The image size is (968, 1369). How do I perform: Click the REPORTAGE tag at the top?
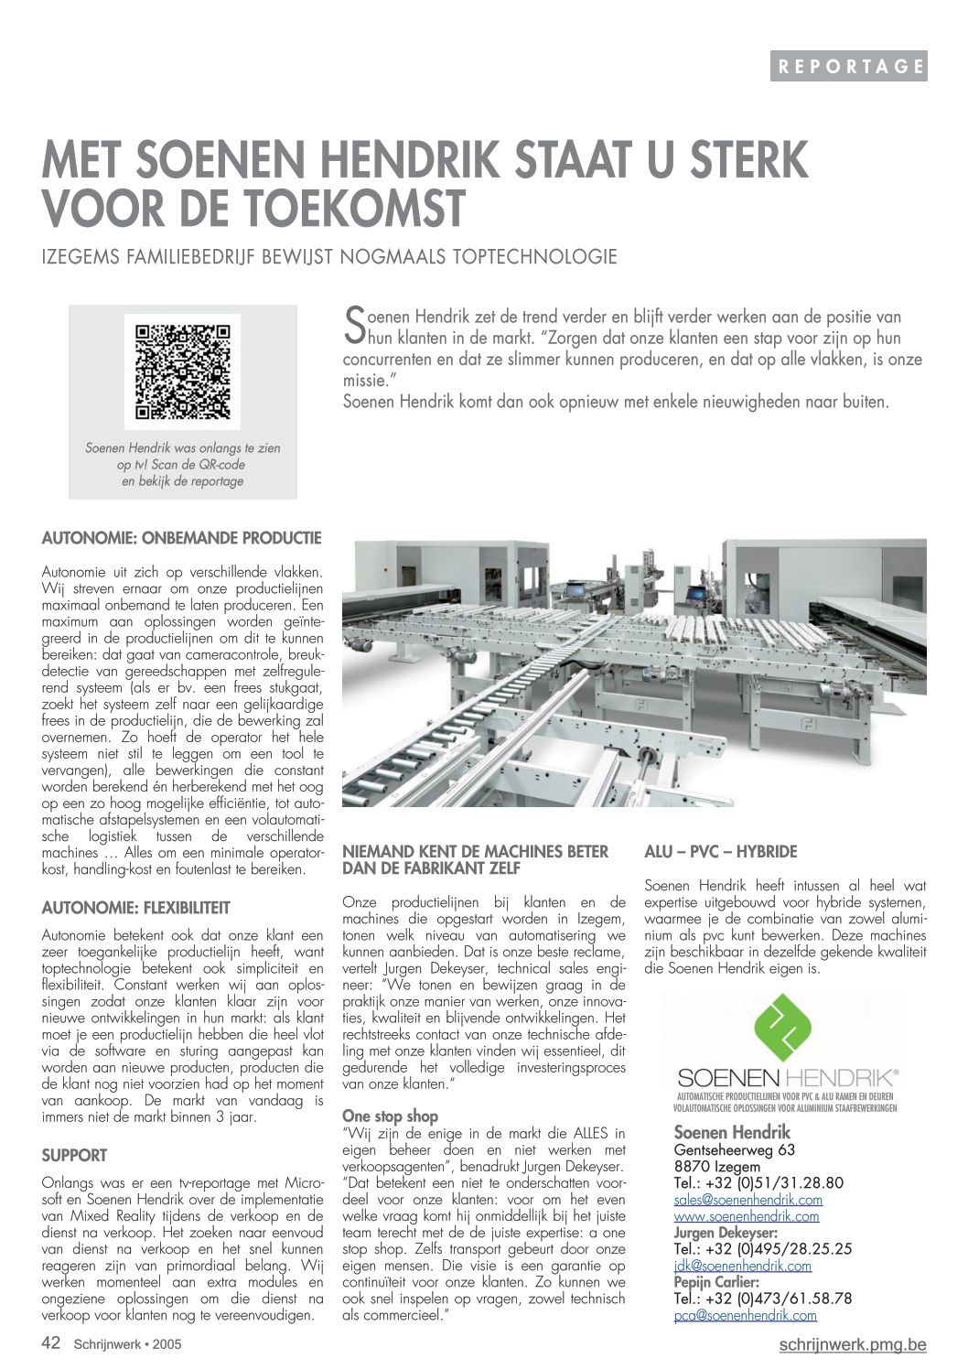pos(848,66)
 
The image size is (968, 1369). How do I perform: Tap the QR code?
pos(183,372)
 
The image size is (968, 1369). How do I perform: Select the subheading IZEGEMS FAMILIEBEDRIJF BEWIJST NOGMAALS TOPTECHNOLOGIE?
pos(329,256)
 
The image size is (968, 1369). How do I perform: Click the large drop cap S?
pos(353,325)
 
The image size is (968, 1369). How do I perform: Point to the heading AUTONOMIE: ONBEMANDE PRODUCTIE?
pos(181,537)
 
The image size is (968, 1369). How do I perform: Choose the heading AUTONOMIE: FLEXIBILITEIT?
pos(135,908)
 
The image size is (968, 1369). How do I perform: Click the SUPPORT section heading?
pos(74,1155)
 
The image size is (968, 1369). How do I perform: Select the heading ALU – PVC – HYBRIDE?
pos(720,852)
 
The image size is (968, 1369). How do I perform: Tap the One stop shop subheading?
pos(390,1116)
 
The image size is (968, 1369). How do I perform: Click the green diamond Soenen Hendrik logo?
pos(784,1032)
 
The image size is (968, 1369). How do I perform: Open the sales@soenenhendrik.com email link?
pos(748,1200)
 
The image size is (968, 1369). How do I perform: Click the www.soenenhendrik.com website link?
pos(746,1216)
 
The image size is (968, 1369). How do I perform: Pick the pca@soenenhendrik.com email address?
pos(745,1315)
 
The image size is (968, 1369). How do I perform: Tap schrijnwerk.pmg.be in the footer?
pos(852,1344)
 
